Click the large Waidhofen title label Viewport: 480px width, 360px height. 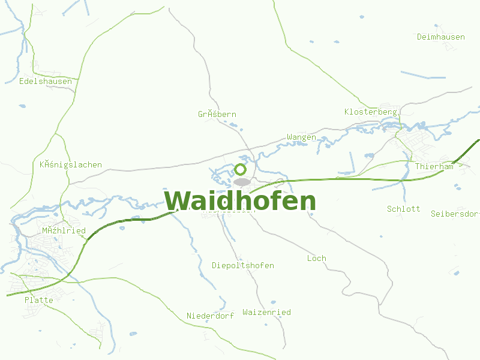tap(240, 201)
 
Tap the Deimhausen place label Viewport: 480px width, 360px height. tap(441, 37)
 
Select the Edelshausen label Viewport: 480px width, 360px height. tap(46, 82)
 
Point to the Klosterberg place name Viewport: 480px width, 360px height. tap(371, 112)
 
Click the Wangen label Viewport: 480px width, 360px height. tap(301, 137)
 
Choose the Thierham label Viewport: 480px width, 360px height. tap(434, 167)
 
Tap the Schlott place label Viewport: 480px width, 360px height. tap(403, 209)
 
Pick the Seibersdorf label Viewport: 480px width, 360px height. tap(455, 214)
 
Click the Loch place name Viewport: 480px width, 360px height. tap(317, 259)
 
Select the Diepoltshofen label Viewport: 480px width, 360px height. tap(243, 266)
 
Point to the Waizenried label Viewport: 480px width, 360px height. tap(266, 313)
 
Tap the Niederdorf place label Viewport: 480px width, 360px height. tap(210, 316)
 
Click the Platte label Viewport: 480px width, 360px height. tap(39, 300)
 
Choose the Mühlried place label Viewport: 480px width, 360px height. tap(64, 231)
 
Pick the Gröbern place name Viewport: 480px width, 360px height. tap(217, 115)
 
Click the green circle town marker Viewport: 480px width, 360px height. tap(241, 169)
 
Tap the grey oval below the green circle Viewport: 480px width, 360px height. tap(242, 181)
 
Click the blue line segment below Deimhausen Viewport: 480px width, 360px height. tap(423, 75)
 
